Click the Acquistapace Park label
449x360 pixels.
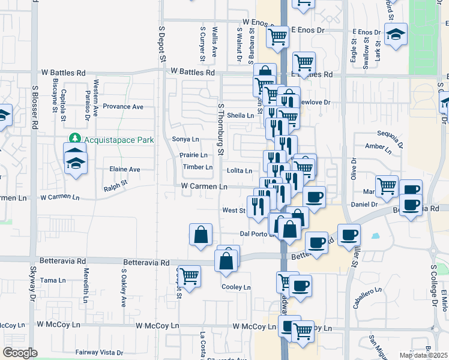pyautogui.click(x=119, y=140)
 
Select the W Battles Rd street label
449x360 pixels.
pyautogui.click(x=192, y=72)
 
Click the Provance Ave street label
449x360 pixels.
pyautogui.click(x=123, y=107)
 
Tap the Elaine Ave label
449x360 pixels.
pyautogui.click(x=124, y=170)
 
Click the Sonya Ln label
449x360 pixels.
pyautogui.click(x=185, y=139)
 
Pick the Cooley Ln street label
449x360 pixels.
pyautogui.click(x=236, y=287)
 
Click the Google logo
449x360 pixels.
pyautogui.click(x=20, y=353)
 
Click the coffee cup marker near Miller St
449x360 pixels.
pyautogui.click(x=348, y=235)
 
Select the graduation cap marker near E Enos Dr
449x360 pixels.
pyautogui.click(x=396, y=34)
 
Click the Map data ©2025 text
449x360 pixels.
pyautogui.click(x=423, y=355)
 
